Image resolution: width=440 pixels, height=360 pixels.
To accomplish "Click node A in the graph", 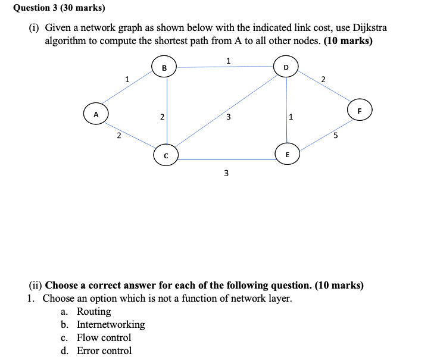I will pyautogui.click(x=95, y=114).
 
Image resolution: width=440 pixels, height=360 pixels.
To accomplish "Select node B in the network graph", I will pyautogui.click(x=164, y=68).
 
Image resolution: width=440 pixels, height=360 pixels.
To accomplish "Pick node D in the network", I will pyautogui.click(x=286, y=67).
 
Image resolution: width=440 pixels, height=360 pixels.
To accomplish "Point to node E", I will pyautogui.click(x=288, y=154).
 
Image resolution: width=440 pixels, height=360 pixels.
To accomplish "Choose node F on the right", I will pyautogui.click(x=359, y=110).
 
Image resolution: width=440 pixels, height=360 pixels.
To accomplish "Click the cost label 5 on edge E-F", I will pyautogui.click(x=335, y=136).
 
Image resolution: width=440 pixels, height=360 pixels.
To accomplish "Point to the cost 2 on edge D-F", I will pyautogui.click(x=323, y=79).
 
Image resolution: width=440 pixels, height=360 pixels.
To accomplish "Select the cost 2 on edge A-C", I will pyautogui.click(x=118, y=136).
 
